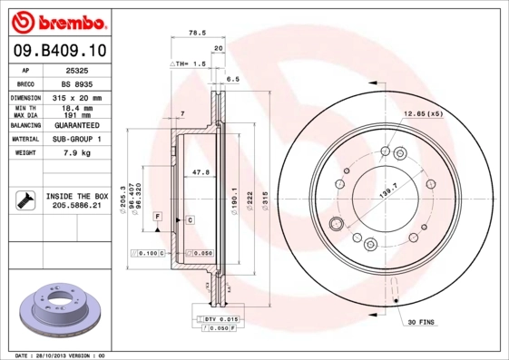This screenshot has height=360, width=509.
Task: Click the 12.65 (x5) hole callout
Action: pos(423,114)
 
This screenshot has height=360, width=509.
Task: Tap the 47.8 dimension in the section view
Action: pos(201,171)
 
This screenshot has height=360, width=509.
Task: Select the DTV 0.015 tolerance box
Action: pos(219,320)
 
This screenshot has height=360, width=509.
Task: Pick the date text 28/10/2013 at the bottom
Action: pos(58,355)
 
